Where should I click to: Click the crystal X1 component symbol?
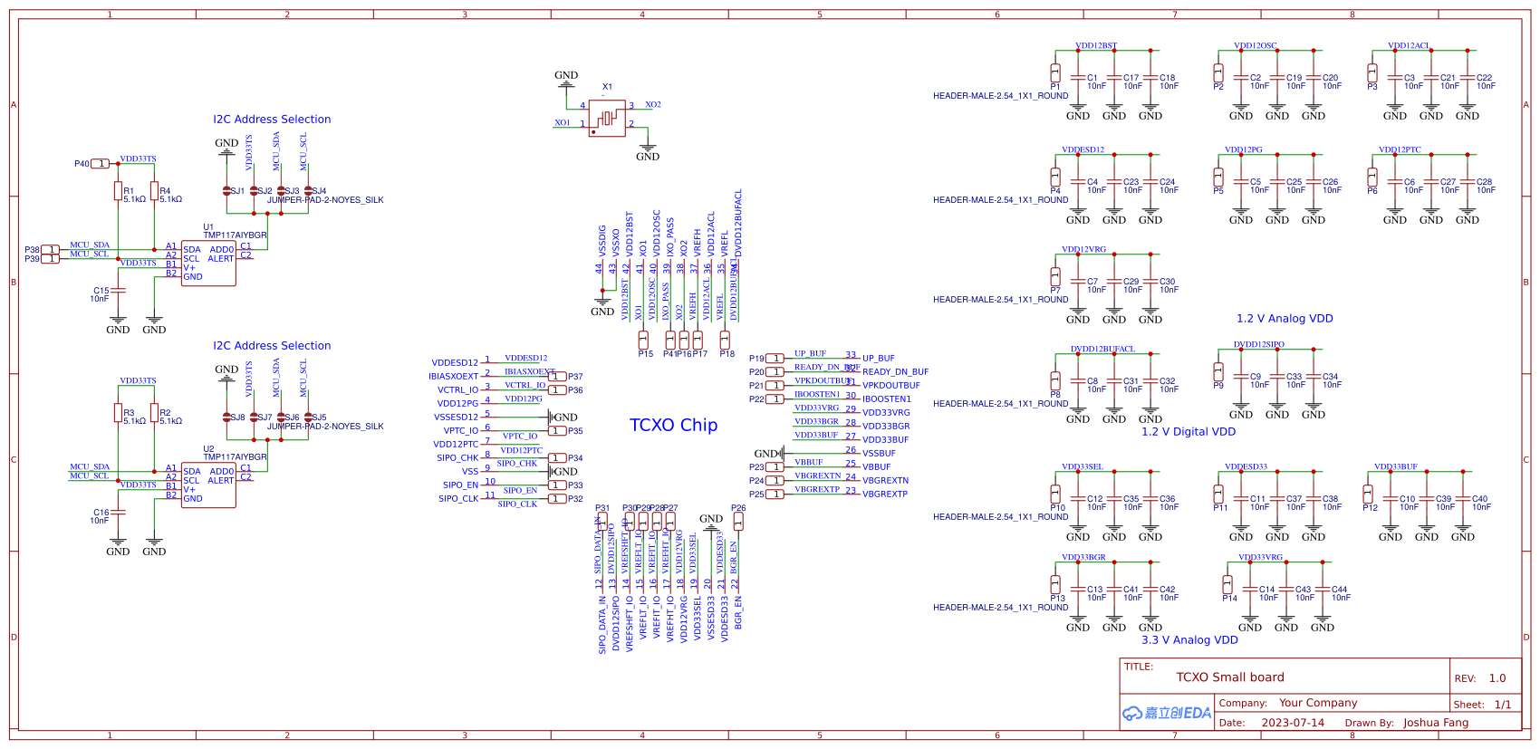tap(607, 118)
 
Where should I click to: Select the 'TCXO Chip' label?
tap(673, 425)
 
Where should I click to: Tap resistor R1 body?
tap(118, 190)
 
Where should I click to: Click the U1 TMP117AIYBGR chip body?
tap(208, 264)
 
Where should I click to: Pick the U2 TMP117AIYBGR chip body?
tap(208, 485)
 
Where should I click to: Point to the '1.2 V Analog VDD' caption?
tap(1285, 319)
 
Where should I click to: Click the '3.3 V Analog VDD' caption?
tap(1189, 640)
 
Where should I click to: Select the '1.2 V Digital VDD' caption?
tap(1189, 432)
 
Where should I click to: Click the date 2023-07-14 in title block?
tap(1293, 723)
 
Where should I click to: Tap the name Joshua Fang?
tap(1436, 723)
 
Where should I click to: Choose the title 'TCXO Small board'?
tap(1230, 677)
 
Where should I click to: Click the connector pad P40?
tap(101, 164)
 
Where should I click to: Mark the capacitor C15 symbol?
tap(118, 291)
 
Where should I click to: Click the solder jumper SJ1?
tap(226, 191)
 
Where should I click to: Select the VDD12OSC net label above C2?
tap(1256, 45)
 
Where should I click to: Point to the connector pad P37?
tap(558, 377)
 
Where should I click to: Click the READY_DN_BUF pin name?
tap(895, 372)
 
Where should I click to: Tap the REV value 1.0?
tap(1497, 678)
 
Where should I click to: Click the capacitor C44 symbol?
tap(1323, 590)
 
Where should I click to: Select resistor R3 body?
tap(118, 413)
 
